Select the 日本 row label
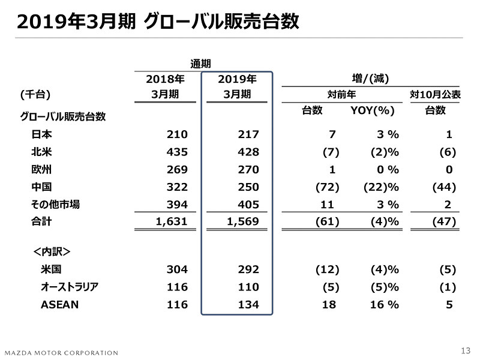[41, 134]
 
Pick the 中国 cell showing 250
[248, 187]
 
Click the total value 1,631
[171, 222]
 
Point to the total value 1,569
[242, 222]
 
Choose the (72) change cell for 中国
[327, 187]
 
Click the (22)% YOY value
[381, 187]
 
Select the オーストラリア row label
[69, 287]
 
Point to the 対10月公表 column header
[435, 94]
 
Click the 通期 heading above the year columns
[200, 62]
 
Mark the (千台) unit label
[35, 94]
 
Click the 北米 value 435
[177, 152]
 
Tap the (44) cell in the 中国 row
[444, 187]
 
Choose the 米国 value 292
[248, 269]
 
